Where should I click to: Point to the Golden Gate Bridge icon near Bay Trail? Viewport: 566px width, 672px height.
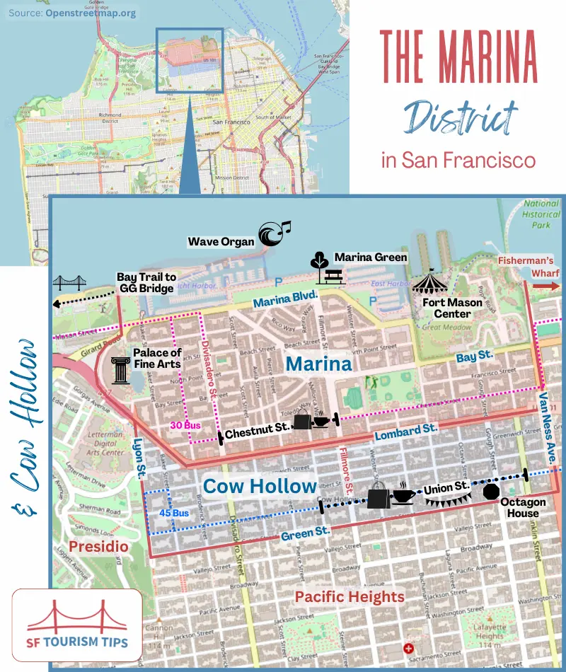pyautogui.click(x=69, y=283)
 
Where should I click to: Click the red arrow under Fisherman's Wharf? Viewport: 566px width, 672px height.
pyautogui.click(x=545, y=286)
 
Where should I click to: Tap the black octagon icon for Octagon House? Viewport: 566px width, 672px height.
pyautogui.click(x=491, y=491)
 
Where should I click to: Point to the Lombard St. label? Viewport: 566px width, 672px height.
pyautogui.click(x=406, y=432)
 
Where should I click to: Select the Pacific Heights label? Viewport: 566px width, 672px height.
pyautogui.click(x=350, y=596)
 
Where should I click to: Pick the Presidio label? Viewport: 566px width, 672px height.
pyautogui.click(x=98, y=546)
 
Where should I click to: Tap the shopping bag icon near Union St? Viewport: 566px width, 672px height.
pyautogui.click(x=379, y=497)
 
